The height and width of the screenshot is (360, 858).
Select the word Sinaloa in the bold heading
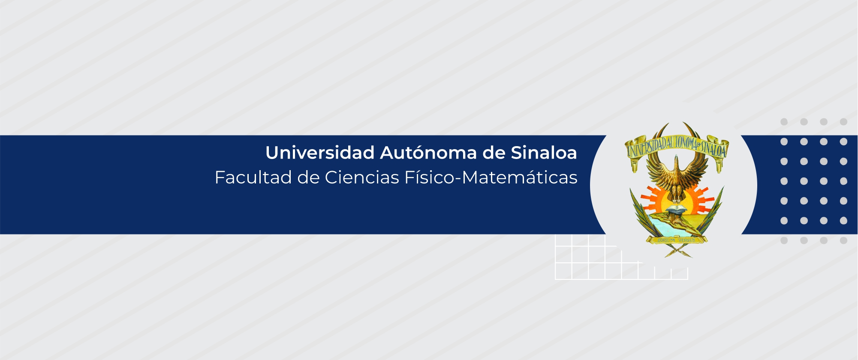tap(544, 153)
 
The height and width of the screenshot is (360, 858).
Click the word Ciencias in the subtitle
tap(362, 177)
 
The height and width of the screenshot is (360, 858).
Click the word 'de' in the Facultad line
tap(308, 177)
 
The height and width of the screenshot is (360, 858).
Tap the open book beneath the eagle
tap(677, 210)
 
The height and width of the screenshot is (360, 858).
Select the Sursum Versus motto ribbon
tap(676, 240)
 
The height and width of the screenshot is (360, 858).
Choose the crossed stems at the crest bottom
tap(677, 251)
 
